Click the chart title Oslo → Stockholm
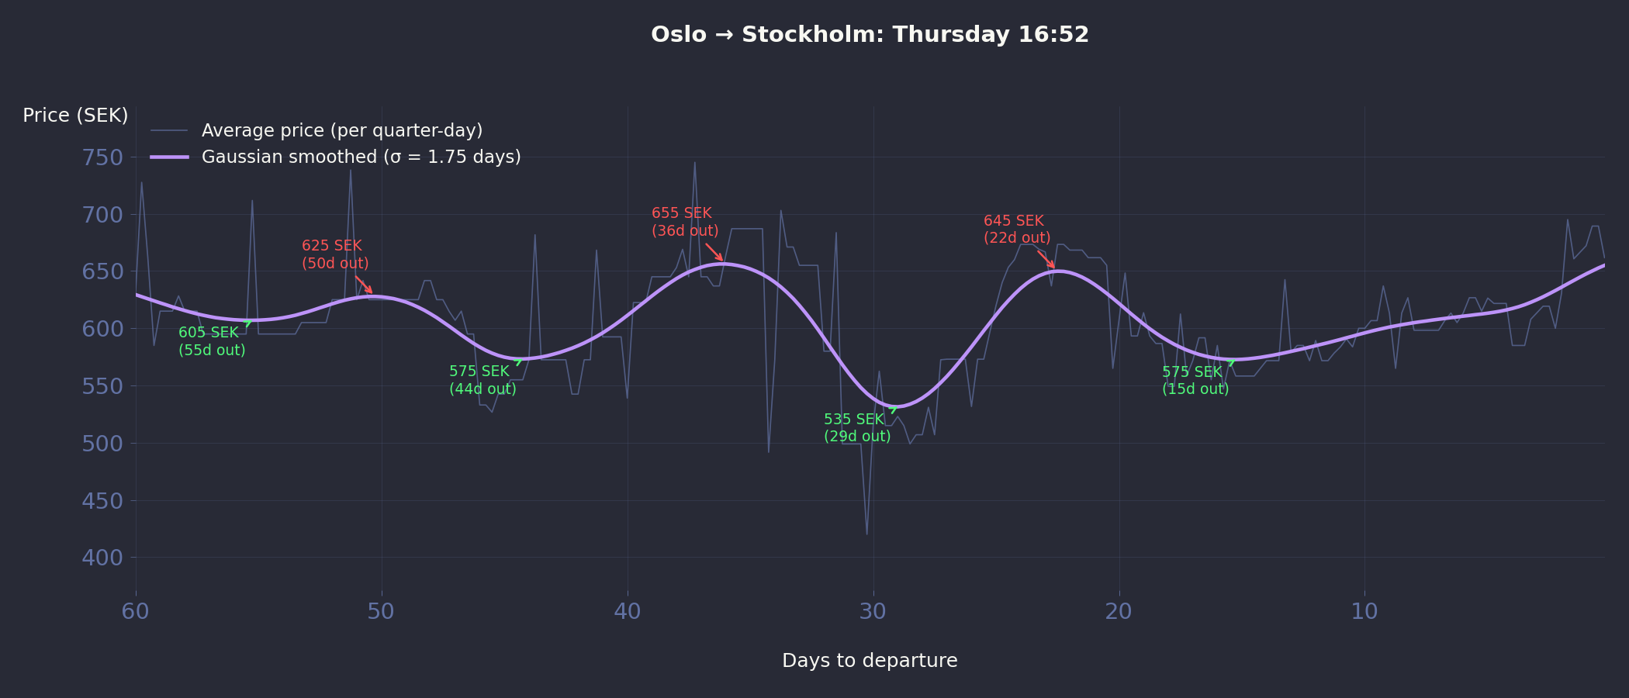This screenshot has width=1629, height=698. tap(870, 35)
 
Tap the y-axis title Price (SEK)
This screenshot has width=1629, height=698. tap(75, 116)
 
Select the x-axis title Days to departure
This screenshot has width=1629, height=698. tap(870, 661)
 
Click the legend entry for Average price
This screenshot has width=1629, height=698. tap(341, 130)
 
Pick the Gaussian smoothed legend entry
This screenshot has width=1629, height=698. tap(361, 157)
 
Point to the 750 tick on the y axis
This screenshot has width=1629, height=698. tap(102, 157)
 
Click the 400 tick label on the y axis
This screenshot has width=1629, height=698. tap(102, 558)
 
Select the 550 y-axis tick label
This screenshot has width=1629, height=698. tap(102, 386)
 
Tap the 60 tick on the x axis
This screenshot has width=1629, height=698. tap(136, 612)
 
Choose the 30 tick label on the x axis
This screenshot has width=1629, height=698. tap(873, 612)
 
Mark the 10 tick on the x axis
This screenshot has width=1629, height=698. tap(1364, 612)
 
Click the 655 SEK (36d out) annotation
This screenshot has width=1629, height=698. tap(685, 222)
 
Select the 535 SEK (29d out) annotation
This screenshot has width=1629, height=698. tap(857, 428)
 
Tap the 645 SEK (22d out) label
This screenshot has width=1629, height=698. tap(1017, 230)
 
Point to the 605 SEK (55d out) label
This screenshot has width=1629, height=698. tap(212, 341)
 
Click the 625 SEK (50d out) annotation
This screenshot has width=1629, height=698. tap(335, 254)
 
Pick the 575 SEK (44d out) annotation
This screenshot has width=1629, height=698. tap(482, 380)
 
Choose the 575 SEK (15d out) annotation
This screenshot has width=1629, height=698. tap(1195, 381)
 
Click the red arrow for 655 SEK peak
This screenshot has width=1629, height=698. tap(714, 252)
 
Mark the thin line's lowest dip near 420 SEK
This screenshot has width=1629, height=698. tap(866, 534)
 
